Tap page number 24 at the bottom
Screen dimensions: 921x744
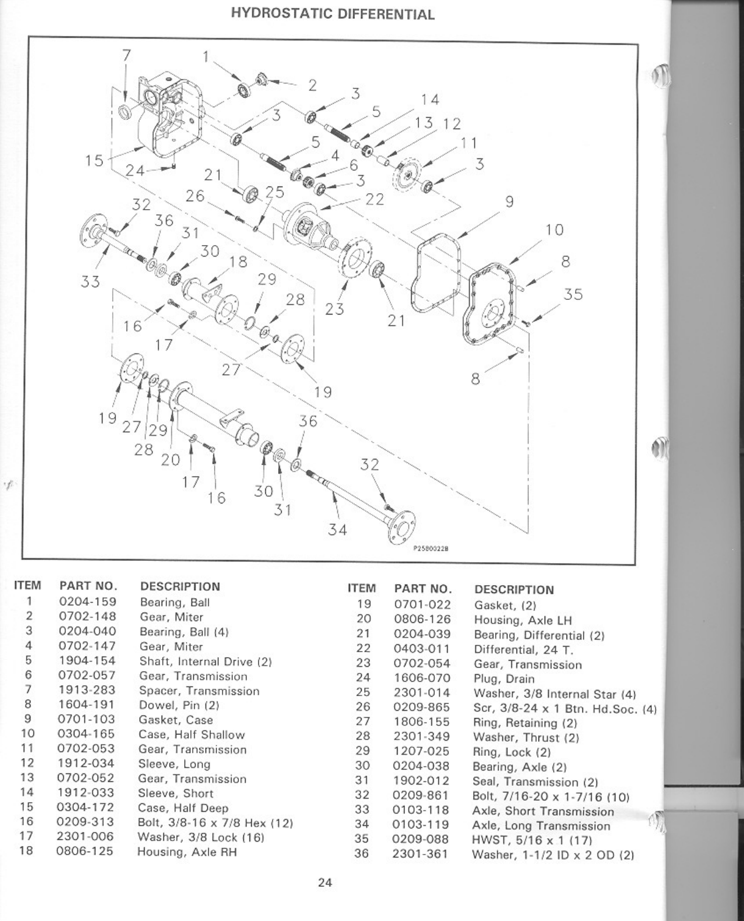click(325, 882)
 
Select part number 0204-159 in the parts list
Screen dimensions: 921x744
click(87, 602)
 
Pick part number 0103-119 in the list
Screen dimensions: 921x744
click(421, 825)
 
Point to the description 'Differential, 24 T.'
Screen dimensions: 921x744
click(523, 650)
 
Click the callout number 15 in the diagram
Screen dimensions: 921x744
click(95, 161)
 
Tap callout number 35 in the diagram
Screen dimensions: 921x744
click(573, 295)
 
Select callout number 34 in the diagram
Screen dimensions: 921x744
click(337, 529)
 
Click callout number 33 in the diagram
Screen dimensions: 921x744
click(90, 282)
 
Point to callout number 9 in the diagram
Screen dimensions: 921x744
click(509, 202)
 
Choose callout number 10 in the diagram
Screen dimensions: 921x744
click(554, 230)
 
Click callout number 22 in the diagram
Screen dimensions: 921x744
click(374, 199)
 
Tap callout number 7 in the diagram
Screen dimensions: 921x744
click(126, 55)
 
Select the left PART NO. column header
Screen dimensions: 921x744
click(88, 586)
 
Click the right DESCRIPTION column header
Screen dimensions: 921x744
click(514, 589)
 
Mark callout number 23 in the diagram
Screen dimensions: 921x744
click(335, 308)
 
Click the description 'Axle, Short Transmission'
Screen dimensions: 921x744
click(543, 811)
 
